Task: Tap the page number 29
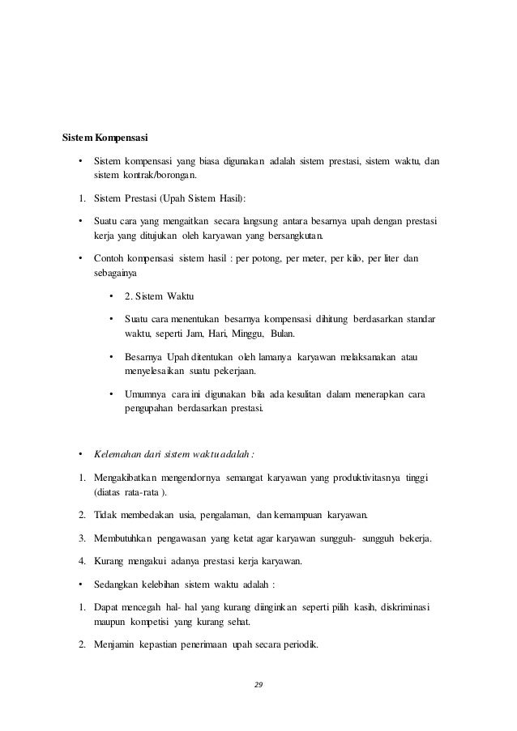[x=258, y=685]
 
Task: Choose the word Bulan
[x=284, y=334]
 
